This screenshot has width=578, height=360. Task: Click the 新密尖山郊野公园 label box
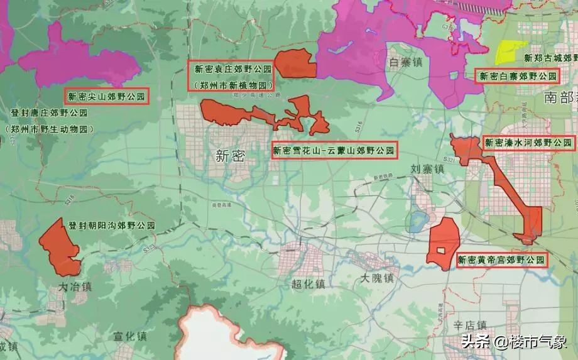point(106,97)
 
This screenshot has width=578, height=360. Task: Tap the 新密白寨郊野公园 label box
point(518,77)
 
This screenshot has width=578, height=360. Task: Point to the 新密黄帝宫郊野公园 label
point(501,259)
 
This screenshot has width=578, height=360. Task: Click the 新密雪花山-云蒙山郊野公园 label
point(334,151)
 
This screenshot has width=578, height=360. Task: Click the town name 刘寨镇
point(428,168)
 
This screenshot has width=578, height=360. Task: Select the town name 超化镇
point(308,284)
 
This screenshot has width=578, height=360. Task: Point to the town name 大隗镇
point(378,277)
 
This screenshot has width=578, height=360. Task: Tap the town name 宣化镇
point(130,336)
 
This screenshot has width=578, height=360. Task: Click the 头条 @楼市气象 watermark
point(515,342)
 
